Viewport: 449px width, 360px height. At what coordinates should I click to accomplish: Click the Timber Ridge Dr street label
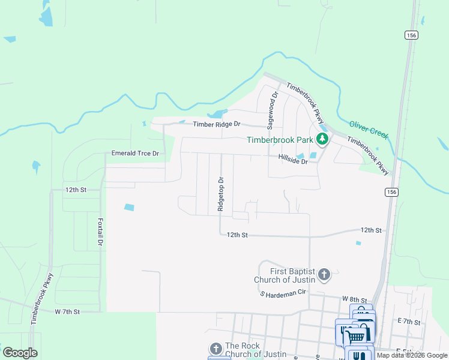click(216, 124)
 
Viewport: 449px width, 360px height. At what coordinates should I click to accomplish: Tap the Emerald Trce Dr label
click(135, 154)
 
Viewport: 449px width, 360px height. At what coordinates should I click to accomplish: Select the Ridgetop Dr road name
click(221, 194)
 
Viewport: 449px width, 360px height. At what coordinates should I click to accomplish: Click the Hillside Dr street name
click(293, 161)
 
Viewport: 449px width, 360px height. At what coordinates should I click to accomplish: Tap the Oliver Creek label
click(369, 128)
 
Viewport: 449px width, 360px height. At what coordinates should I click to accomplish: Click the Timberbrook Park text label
click(280, 140)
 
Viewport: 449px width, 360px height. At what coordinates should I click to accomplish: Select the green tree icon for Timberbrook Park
click(323, 140)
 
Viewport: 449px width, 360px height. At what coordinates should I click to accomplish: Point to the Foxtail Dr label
click(100, 232)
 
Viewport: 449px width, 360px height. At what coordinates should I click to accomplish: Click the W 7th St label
click(67, 311)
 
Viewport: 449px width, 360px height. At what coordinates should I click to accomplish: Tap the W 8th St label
click(354, 298)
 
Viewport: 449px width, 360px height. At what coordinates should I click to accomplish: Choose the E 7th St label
click(408, 322)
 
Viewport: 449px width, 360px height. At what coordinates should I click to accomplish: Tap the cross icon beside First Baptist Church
click(324, 275)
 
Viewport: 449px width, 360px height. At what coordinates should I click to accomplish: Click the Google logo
click(20, 353)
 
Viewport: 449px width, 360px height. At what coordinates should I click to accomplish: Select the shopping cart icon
click(356, 335)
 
